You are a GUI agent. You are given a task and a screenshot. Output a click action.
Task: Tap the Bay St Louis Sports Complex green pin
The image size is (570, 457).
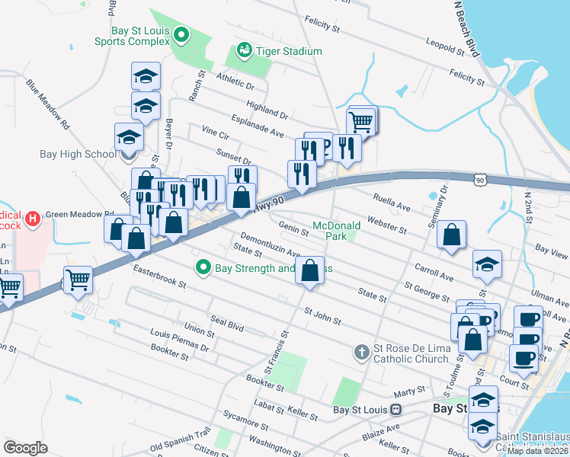pyautogui.click(x=181, y=35)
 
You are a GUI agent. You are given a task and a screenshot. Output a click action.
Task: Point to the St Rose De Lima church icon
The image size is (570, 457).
pyautogui.click(x=363, y=352)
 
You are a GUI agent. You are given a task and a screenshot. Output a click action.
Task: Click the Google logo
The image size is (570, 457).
pyautogui.click(x=25, y=448)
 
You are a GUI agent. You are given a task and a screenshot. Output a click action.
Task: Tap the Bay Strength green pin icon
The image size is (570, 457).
pyautogui.click(x=203, y=267)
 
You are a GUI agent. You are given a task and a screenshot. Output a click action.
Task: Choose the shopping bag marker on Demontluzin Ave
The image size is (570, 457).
pyautogui.click(x=309, y=270)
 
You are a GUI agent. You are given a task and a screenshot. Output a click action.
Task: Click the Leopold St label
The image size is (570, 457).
pyautogui.click(x=445, y=47)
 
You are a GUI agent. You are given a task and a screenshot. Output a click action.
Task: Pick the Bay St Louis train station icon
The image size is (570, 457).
pyautogui.click(x=395, y=409)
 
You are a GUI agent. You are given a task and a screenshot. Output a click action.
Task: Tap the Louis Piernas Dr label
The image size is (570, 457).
pyautogui.click(x=180, y=340)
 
